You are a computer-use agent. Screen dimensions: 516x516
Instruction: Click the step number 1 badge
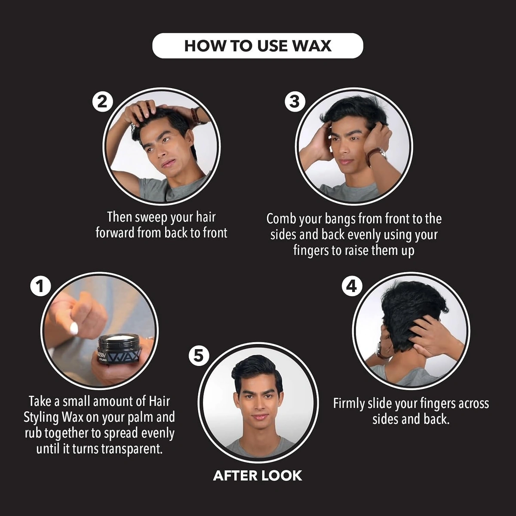tap(40, 286)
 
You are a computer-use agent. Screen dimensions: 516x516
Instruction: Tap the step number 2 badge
tap(102, 102)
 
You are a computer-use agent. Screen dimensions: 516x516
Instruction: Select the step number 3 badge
tap(295, 102)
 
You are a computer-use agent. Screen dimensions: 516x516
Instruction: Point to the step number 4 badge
tap(352, 286)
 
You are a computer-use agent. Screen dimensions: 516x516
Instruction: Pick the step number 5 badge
tap(199, 356)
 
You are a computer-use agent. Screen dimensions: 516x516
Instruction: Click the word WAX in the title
tap(312, 46)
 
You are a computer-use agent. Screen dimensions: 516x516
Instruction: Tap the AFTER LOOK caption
tap(258, 475)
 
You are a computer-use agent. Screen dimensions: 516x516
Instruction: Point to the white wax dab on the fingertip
tap(74, 328)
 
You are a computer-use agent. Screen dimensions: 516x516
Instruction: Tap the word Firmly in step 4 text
tap(349, 403)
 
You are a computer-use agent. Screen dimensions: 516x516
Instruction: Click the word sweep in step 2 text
tap(152, 217)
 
